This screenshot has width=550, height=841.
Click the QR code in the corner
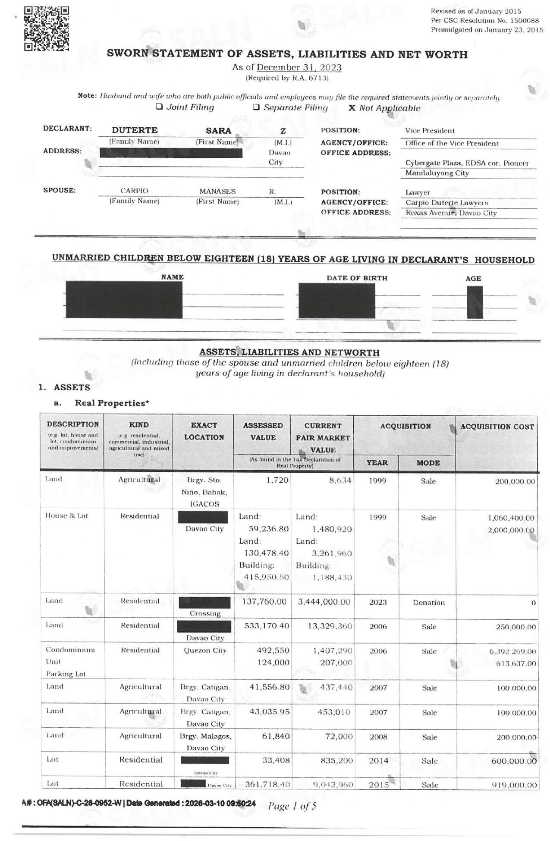pos(46,28)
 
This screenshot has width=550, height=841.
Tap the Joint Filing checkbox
pos(159,107)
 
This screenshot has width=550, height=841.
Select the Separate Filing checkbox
pos(256,107)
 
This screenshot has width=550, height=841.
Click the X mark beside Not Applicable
pos(352,108)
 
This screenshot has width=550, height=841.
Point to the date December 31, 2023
pos(299,68)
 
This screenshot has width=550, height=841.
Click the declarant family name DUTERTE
pos(135,130)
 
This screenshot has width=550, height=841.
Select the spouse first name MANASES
pos(217,191)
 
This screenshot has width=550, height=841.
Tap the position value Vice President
pos(430,131)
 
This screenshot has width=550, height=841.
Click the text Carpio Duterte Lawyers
pos(446,203)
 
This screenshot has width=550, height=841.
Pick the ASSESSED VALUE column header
pos(263,431)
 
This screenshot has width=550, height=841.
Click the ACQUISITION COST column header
pos(497,427)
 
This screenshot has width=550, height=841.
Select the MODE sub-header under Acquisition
pos(428,463)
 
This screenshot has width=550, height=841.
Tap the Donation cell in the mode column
pos(428,603)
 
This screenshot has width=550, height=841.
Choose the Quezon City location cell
pos(205,650)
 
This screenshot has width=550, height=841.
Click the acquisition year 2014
pos(378,761)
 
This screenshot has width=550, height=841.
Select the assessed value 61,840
pos(276,736)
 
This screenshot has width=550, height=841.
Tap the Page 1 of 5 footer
pos(292,806)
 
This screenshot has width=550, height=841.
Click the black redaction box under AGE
pos(475,302)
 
